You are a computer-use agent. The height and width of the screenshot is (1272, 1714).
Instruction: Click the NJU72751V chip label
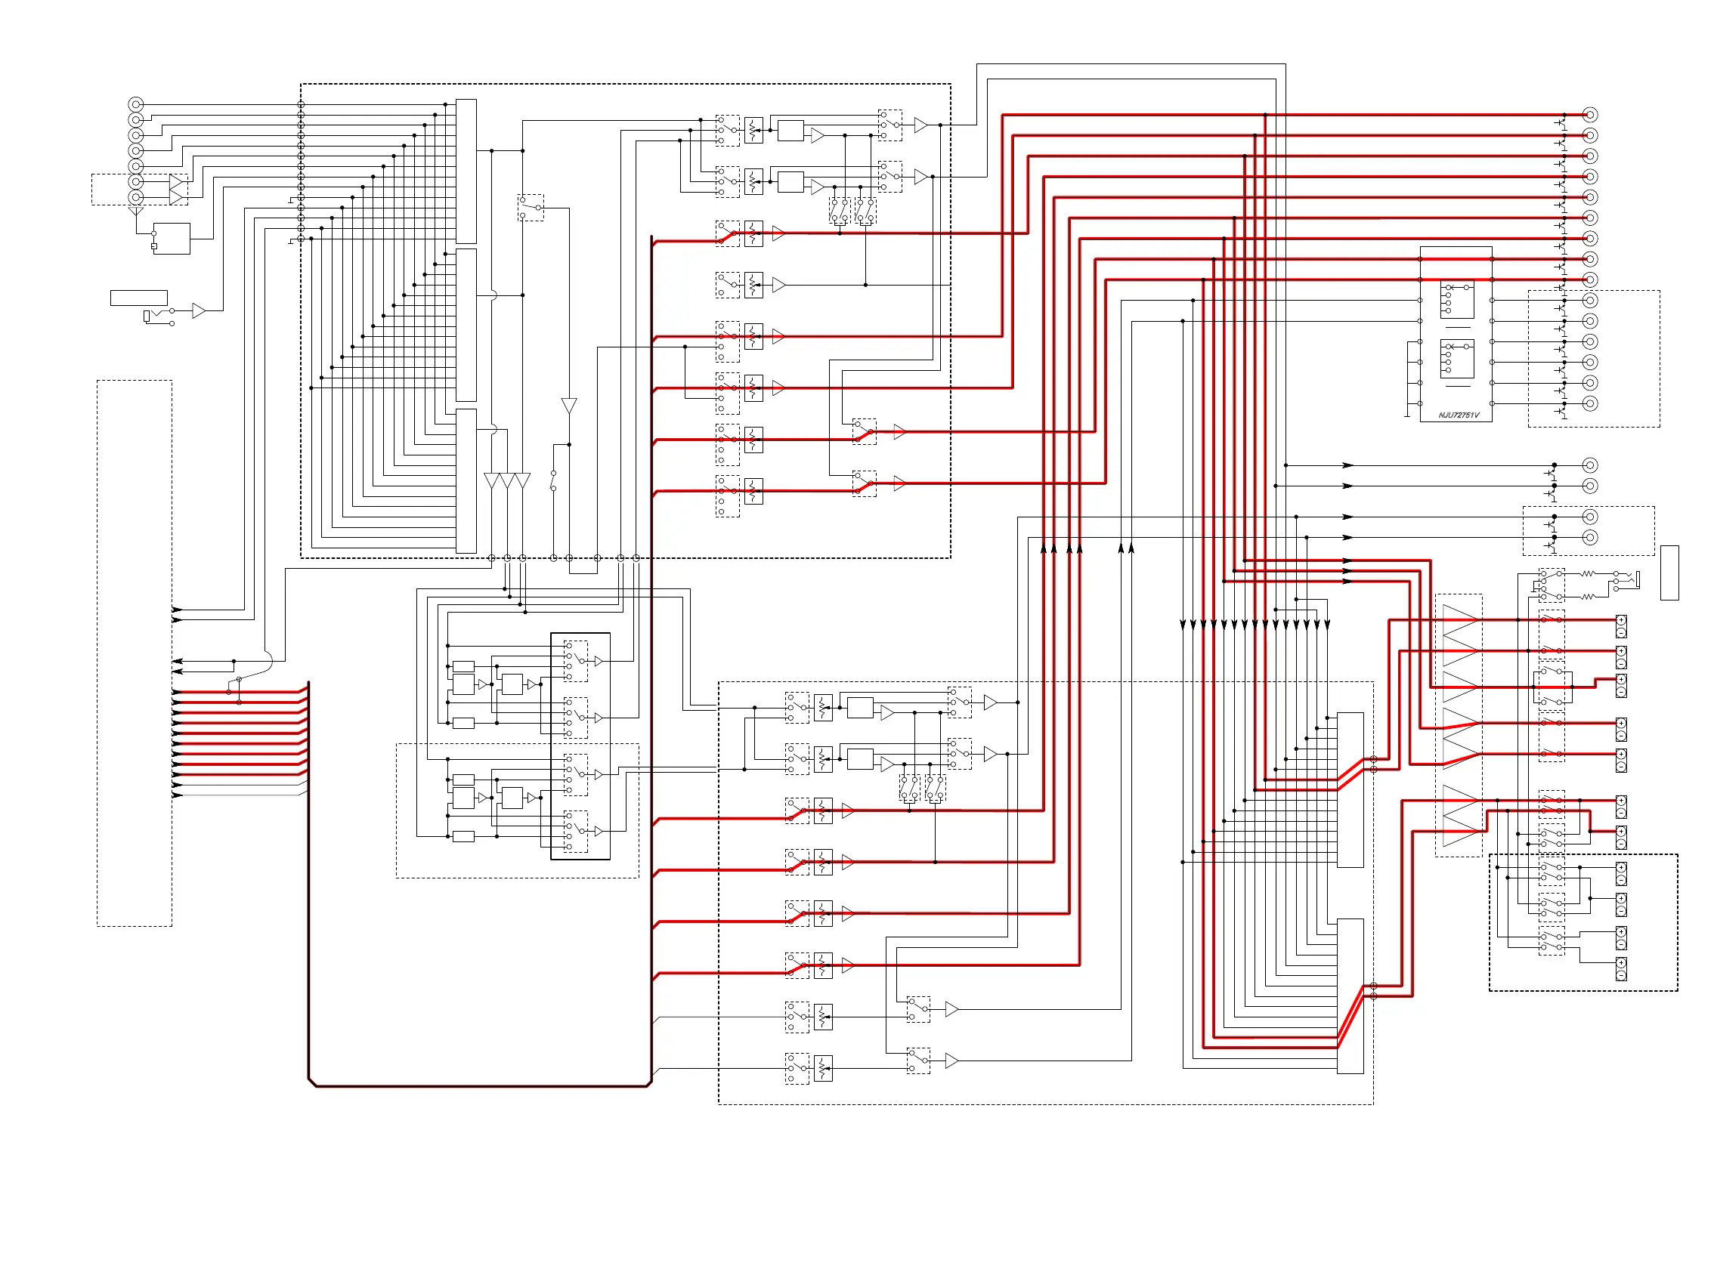[x=1459, y=415]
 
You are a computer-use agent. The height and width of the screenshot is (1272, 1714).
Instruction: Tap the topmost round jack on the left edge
[x=135, y=104]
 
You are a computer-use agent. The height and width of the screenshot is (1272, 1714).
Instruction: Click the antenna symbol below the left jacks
[x=136, y=210]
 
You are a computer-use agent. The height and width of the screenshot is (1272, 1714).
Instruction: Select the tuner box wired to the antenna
[x=172, y=239]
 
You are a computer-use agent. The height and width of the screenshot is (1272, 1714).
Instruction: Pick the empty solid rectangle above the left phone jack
[x=138, y=298]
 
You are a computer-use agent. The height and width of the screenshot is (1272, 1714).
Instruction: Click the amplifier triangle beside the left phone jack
[x=198, y=310]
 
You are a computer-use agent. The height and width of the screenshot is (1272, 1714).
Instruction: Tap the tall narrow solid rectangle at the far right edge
[x=1669, y=572]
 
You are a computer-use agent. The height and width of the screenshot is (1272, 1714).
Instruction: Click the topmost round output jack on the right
[x=1589, y=115]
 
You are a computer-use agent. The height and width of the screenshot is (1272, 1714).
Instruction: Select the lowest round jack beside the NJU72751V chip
[x=1589, y=403]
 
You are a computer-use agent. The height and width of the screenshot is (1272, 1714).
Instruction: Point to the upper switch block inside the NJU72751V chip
[x=1457, y=300]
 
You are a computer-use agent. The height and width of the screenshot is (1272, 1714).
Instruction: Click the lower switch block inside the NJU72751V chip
[x=1457, y=359]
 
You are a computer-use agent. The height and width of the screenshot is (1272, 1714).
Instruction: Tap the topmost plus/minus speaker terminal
[x=1621, y=626]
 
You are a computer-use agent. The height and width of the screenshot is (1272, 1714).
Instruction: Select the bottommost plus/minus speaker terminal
[x=1621, y=968]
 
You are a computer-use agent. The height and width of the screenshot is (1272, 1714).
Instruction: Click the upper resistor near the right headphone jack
[x=1587, y=573]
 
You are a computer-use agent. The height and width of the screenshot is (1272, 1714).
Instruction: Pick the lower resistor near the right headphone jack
[x=1587, y=597]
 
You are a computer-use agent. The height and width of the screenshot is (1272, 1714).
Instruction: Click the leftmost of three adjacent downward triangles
[x=491, y=480]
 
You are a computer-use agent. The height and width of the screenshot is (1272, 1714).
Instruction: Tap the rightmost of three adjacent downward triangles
[x=522, y=480]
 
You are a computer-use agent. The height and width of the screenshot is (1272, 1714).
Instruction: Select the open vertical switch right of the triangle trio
[x=553, y=480]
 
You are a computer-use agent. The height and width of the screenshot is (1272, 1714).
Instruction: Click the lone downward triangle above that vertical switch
[x=568, y=406]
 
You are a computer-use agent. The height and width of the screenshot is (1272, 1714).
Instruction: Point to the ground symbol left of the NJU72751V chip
[x=1406, y=415]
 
